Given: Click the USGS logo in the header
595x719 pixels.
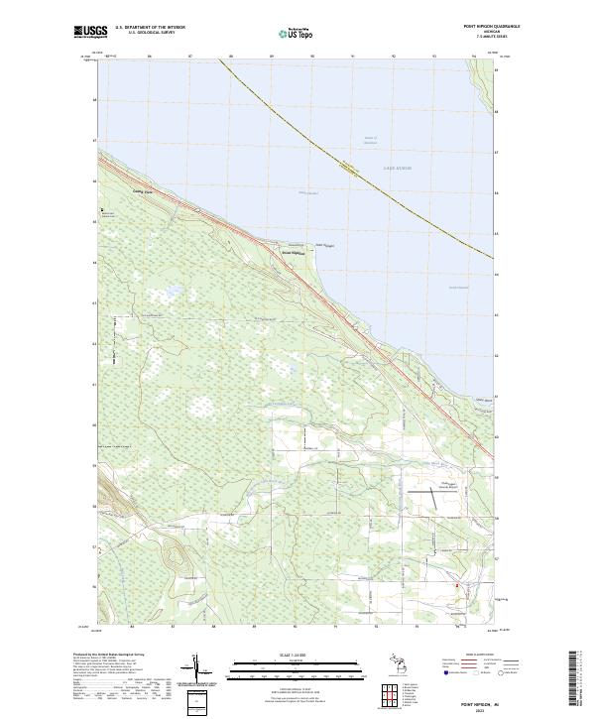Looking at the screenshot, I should point(90,32).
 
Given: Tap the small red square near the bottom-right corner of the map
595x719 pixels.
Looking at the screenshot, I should point(457,585).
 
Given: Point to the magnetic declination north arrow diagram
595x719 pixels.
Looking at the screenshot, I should point(200,671).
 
